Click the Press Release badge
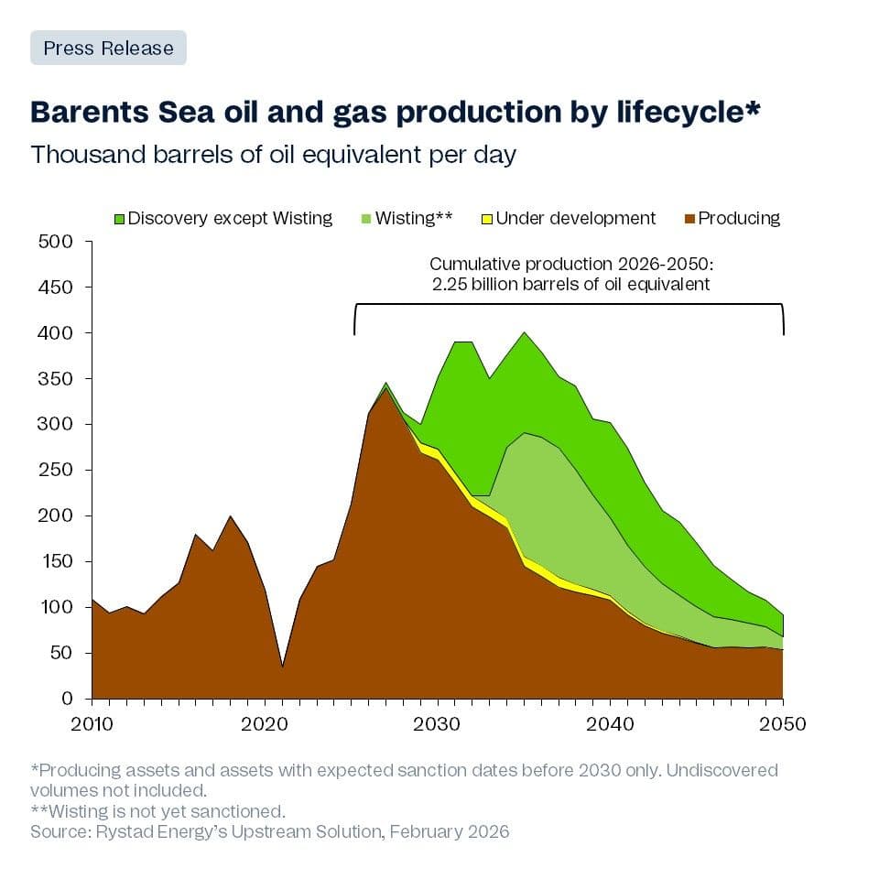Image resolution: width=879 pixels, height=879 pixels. click(x=108, y=48)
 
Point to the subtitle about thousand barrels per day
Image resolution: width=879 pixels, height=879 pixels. click(x=273, y=154)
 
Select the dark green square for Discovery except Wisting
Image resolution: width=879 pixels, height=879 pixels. click(x=119, y=219)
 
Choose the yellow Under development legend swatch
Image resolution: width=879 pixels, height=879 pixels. click(x=487, y=219)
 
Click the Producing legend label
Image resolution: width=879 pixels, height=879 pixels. click(x=738, y=218)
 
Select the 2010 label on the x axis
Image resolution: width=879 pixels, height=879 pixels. click(x=92, y=723)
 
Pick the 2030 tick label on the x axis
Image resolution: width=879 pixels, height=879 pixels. click(x=438, y=723)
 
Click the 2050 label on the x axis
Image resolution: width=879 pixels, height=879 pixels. click(x=783, y=723)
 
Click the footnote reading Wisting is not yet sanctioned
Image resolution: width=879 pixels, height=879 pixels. click(x=157, y=811)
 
